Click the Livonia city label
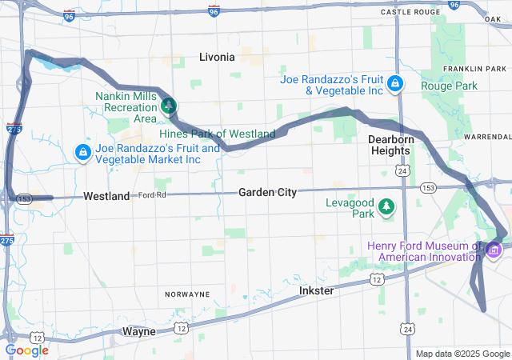(x=217, y=57)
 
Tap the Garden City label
(x=267, y=192)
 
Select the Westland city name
(x=106, y=196)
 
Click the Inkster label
(x=316, y=290)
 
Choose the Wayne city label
(x=138, y=330)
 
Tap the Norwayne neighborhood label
(x=187, y=294)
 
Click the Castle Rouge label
(x=411, y=13)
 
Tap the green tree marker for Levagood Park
(x=387, y=207)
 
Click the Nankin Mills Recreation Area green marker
(x=169, y=105)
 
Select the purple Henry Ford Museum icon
(x=493, y=252)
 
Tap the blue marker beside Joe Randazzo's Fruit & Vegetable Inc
(x=394, y=84)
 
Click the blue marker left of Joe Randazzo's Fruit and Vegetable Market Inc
(x=82, y=151)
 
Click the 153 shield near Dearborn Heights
(x=428, y=187)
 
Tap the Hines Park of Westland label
(x=217, y=134)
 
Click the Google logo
(x=27, y=350)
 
